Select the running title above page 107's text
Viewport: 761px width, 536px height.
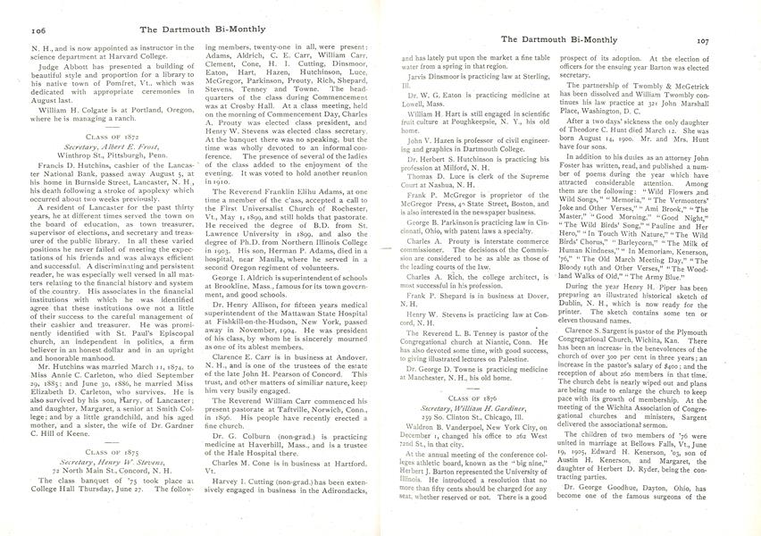tap(553, 39)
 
